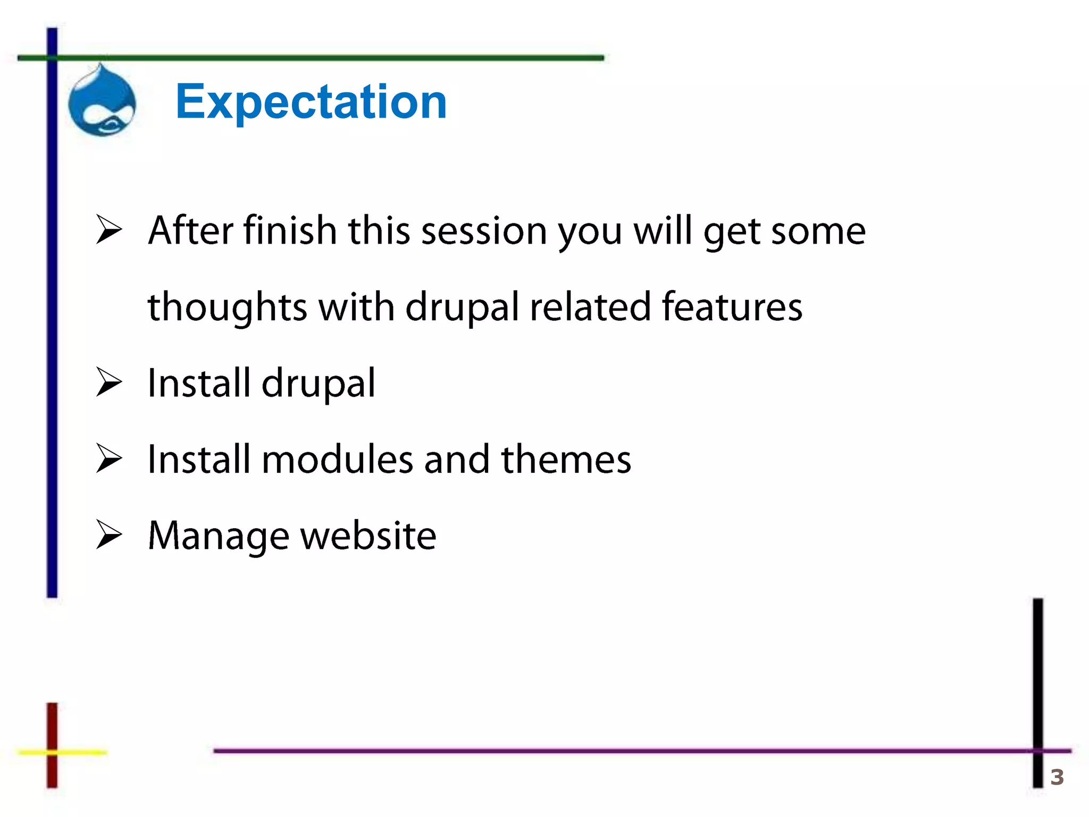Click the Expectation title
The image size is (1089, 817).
point(311,102)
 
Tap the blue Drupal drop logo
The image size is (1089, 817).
point(102,101)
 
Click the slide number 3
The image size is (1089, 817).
point(1057,777)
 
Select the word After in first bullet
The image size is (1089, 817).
point(190,231)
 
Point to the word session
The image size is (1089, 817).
point(484,232)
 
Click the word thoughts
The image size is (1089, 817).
point(227,308)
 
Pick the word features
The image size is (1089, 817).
point(732,307)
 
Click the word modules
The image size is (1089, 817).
point(337,460)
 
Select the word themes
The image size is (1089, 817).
point(566,460)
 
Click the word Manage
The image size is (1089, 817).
point(219,536)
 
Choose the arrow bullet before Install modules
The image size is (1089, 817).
point(109,458)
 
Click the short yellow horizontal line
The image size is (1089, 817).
point(80,752)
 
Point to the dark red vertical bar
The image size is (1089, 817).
point(52,723)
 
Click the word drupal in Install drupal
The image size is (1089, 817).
point(318,384)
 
